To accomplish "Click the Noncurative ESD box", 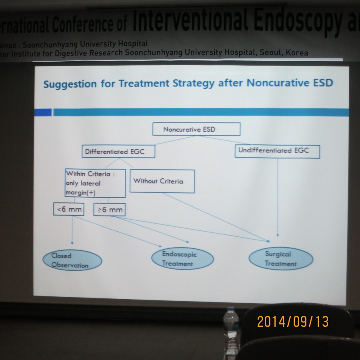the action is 196,129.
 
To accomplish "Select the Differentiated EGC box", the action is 118,151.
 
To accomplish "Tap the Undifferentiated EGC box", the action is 277,151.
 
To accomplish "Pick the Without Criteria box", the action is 162,181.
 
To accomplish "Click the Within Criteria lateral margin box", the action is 95,183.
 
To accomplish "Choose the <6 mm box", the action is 68,209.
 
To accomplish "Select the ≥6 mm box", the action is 109,209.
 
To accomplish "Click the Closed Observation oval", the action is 72,260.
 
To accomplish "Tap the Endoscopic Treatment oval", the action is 182,258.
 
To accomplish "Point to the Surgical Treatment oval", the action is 281,258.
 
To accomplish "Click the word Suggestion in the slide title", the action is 70,84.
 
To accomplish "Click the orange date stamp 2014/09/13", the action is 293,322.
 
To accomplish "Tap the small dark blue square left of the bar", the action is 43,112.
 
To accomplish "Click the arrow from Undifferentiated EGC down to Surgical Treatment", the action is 278,197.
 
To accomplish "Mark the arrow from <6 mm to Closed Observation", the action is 72,230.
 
